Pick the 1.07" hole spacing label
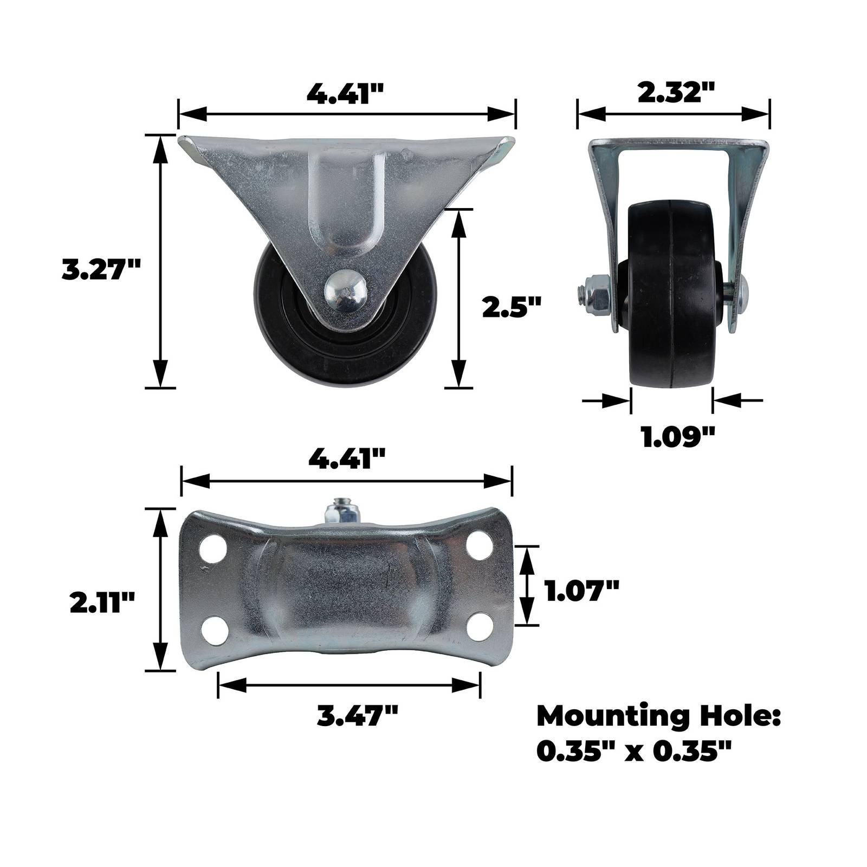point(582,590)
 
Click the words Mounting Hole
point(658,717)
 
